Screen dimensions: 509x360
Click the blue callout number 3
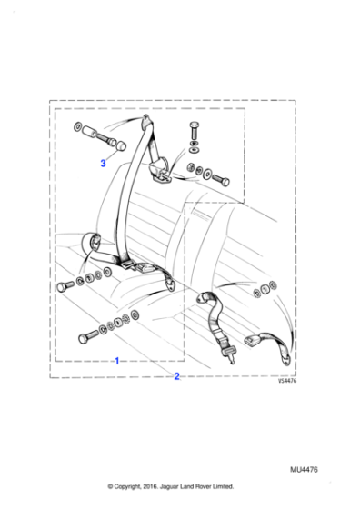[104, 164]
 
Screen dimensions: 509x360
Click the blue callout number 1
[116, 361]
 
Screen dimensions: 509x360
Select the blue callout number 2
[177, 376]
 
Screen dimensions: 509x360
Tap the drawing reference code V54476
[287, 382]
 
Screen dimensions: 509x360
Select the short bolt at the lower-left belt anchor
[65, 286]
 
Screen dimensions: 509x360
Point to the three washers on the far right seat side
[265, 289]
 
